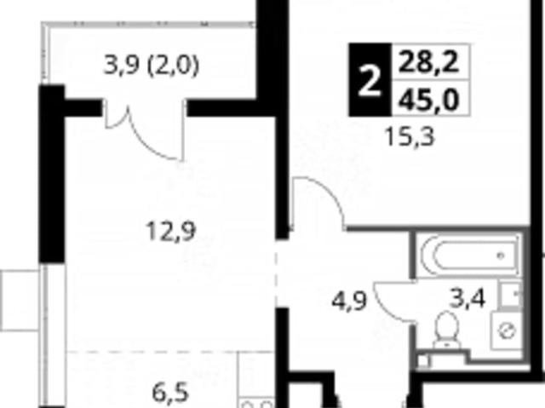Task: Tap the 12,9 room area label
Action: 171,231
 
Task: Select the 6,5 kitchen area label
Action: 170,393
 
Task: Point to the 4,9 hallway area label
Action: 349,301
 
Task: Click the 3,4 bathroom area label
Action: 468,298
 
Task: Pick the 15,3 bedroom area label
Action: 410,136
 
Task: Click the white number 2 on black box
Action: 370,82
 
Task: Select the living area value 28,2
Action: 429,62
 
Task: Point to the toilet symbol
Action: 446,330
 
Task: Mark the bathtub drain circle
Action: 501,256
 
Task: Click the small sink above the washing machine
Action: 510,294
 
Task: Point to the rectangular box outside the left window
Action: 20,301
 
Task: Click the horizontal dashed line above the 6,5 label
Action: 170,352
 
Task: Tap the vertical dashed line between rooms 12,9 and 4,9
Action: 276,273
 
